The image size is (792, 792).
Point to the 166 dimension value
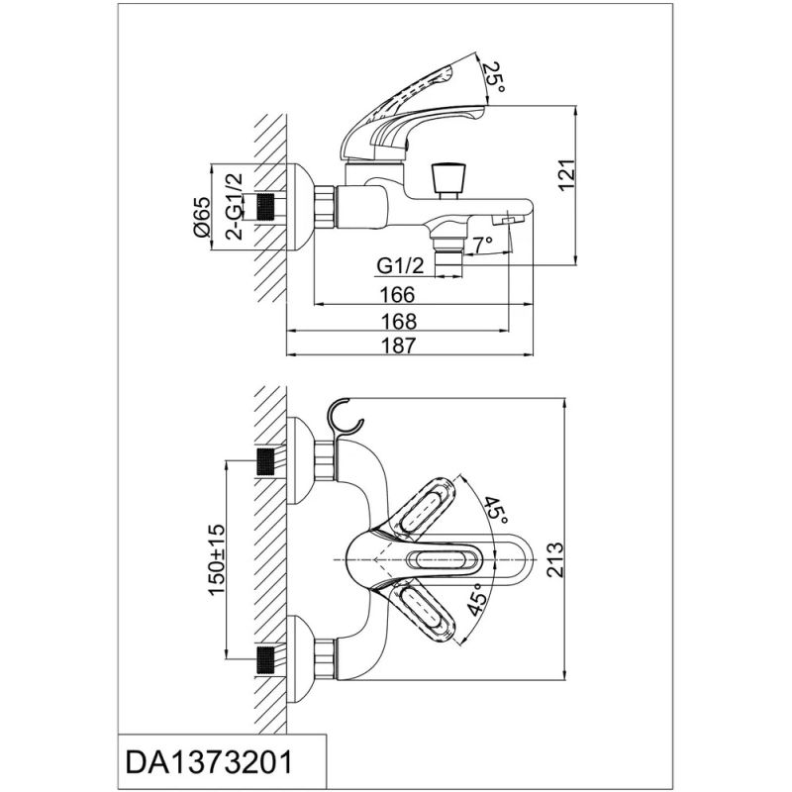[396, 294]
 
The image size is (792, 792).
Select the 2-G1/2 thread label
[235, 207]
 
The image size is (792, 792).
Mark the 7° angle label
[483, 244]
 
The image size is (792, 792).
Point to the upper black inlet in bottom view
[264, 461]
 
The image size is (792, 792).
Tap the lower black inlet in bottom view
[264, 657]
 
